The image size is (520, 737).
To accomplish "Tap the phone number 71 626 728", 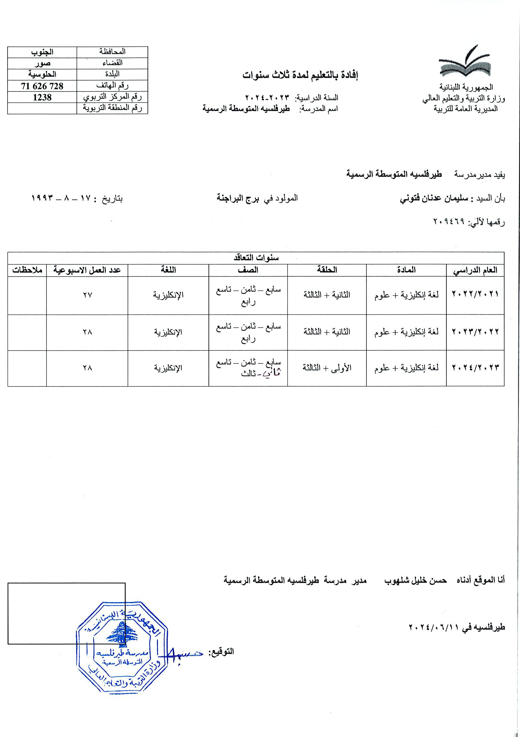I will tap(42, 86).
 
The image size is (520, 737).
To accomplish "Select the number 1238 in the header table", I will tap(42, 97).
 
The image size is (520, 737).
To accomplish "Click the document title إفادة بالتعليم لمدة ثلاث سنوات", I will tap(300, 75).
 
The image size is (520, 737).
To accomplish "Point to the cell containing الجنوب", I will tap(42, 52).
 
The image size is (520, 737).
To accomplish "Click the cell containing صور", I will tap(42, 63).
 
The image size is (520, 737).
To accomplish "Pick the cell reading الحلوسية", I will tap(42, 75).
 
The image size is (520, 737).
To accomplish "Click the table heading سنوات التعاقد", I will tap(255, 258).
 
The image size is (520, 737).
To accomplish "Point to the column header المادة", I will tap(406, 270).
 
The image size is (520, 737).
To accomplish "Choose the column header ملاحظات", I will tap(27, 270).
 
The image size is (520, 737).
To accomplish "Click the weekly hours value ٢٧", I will tap(87, 295).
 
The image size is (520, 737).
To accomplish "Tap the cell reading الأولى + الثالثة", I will tap(327, 367).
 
